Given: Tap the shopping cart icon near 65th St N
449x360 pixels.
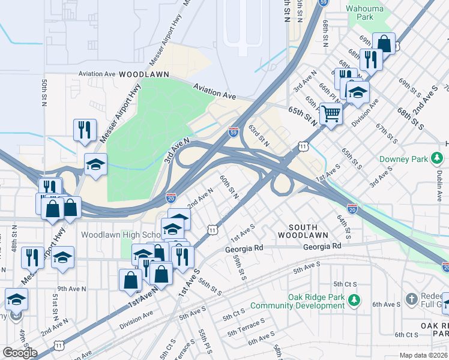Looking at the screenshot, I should [330, 113].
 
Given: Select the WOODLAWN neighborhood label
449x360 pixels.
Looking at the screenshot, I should [143, 74].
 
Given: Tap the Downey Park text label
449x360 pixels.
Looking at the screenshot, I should [403, 160].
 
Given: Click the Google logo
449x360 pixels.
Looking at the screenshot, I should [19, 352].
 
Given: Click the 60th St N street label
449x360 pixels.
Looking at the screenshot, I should [229, 187].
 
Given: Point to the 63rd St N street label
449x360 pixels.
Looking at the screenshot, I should [259, 136].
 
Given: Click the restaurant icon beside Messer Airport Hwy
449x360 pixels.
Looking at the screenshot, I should [85, 130].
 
